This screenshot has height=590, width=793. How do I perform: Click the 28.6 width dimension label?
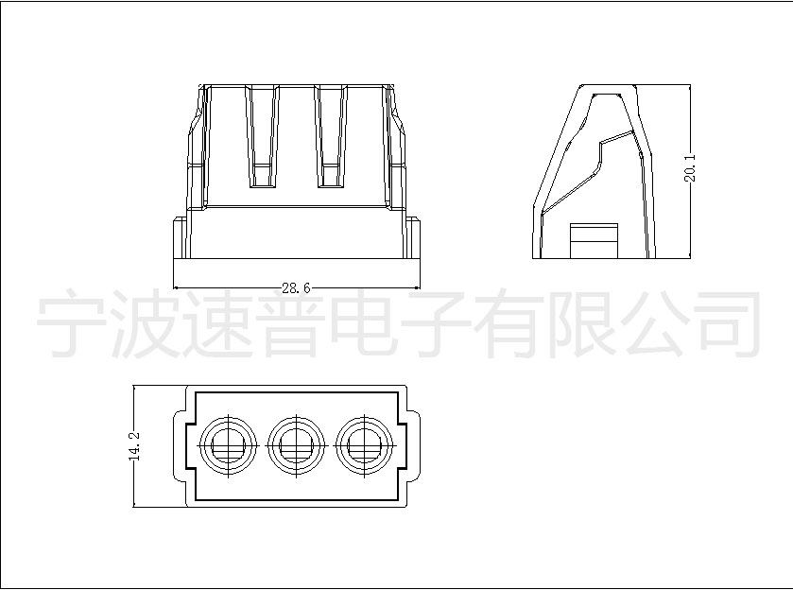click(296, 288)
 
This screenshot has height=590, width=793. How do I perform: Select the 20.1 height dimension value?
click(690, 168)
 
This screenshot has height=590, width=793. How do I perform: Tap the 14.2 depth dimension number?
click(134, 445)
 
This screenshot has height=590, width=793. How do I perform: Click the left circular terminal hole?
click(229, 444)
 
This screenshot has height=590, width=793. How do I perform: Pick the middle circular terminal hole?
click(297, 444)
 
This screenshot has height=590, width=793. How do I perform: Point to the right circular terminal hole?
click(364, 444)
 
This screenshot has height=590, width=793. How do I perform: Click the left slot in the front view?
click(262, 136)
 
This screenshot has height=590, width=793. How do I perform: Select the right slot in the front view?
click(331, 136)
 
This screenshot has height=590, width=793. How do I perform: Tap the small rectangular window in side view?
click(594, 240)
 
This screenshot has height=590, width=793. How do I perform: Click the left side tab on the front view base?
click(180, 238)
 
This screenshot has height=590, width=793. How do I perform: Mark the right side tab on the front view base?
click(413, 238)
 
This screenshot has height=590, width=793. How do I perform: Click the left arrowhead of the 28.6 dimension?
click(177, 288)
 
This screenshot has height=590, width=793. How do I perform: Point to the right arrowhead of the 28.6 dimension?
click(417, 288)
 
